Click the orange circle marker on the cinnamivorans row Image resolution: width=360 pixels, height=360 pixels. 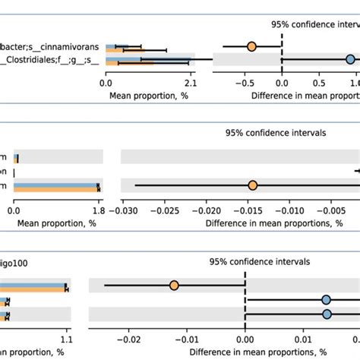tap(251, 46)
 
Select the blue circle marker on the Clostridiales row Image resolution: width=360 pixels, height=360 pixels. tap(350, 59)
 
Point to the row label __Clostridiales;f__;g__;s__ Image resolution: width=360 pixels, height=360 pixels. tap(49, 60)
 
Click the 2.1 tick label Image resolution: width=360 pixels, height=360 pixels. tap(190, 84)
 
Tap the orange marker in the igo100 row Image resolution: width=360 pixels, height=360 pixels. tap(174, 286)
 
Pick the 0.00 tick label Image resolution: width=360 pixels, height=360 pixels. tap(245, 341)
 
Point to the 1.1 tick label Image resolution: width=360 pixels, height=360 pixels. tap(67, 341)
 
